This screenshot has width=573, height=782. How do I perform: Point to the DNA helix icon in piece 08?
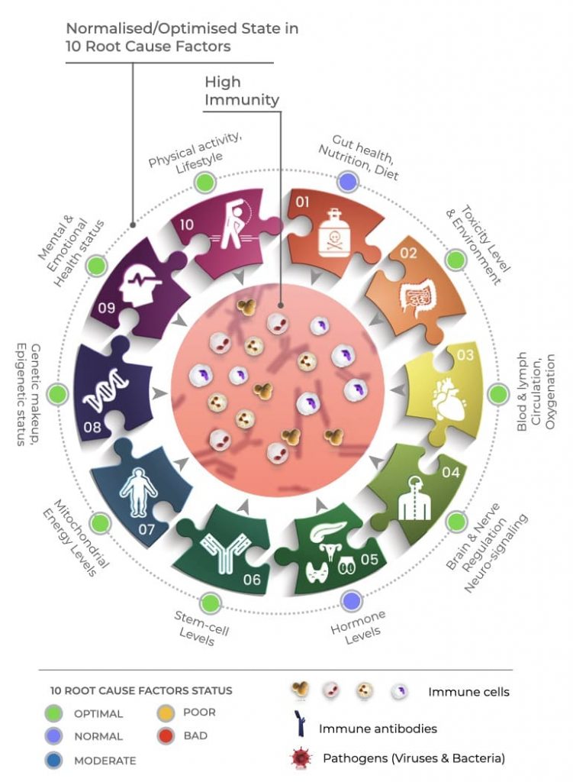click(108, 389)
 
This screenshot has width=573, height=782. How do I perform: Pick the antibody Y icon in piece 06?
click(227, 551)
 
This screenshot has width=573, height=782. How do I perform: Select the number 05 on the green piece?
click(369, 559)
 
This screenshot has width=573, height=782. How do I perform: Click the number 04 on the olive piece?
click(451, 472)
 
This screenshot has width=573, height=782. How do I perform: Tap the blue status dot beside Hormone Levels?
click(352, 601)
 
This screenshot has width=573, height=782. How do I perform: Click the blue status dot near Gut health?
click(348, 182)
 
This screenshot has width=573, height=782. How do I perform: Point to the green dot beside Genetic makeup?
click(58, 394)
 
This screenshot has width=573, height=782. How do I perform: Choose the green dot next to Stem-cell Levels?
click(211, 603)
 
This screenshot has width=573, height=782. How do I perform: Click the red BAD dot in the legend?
click(166, 736)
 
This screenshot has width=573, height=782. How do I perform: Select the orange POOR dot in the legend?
click(166, 713)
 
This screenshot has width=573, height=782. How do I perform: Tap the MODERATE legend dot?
click(53, 760)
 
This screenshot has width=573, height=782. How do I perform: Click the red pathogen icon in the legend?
click(301, 758)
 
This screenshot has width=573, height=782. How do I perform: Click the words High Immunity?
click(242, 91)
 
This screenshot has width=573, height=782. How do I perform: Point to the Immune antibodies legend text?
click(378, 729)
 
